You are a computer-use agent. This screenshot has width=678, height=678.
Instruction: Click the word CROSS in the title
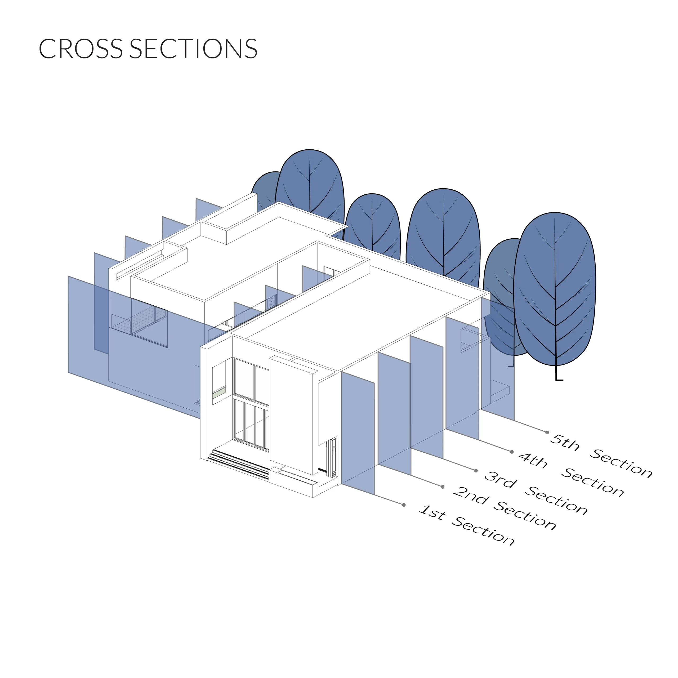(x=81, y=48)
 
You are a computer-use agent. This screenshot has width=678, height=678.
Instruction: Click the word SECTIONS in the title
(x=194, y=48)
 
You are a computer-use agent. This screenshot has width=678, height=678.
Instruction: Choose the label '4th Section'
(x=571, y=474)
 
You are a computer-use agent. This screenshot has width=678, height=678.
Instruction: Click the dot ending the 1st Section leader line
(x=404, y=505)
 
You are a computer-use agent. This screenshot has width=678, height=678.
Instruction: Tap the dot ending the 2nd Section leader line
(x=443, y=487)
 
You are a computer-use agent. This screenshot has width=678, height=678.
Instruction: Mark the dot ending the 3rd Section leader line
(x=476, y=471)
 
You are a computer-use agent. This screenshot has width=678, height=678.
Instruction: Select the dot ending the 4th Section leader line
(x=512, y=452)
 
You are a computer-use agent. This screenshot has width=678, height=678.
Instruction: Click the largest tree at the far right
(x=555, y=291)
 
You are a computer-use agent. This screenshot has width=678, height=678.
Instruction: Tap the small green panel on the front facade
(x=219, y=392)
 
